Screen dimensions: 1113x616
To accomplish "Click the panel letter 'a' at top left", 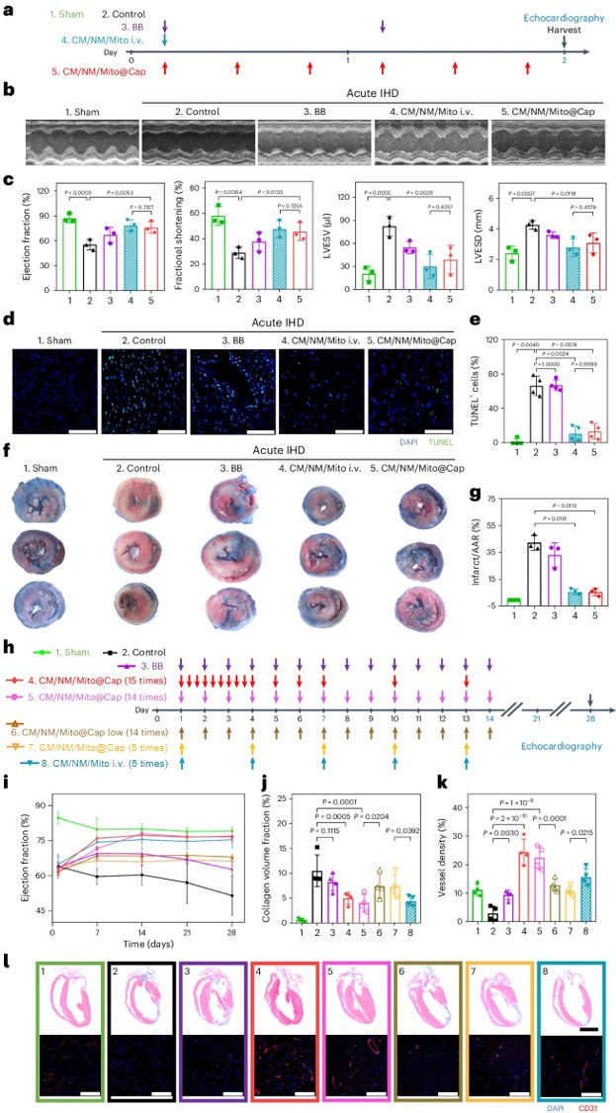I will [x=8, y=9].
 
